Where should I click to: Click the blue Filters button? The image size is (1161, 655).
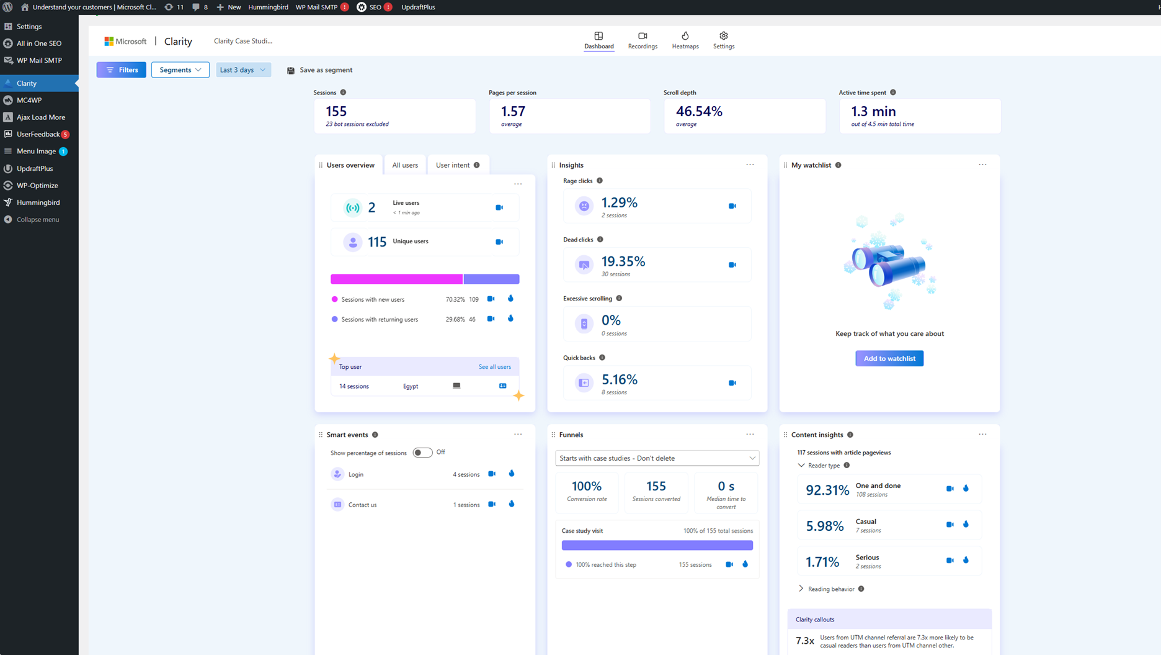[122, 70]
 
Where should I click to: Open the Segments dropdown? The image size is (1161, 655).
[180, 70]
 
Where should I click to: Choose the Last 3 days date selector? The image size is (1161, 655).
[242, 70]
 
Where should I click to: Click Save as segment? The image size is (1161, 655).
[319, 70]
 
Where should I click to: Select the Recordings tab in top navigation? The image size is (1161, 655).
[643, 40]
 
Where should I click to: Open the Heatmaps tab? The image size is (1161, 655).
[685, 40]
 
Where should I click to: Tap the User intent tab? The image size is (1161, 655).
[453, 165]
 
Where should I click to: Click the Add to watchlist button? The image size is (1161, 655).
[889, 358]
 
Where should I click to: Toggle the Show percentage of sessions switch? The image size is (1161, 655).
[422, 453]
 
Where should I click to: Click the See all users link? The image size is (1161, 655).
[494, 367]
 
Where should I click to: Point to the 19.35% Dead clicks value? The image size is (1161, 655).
[623, 261]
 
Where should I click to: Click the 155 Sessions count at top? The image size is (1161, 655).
[336, 111]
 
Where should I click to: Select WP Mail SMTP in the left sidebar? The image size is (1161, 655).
[39, 60]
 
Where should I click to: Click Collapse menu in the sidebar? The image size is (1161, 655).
[37, 219]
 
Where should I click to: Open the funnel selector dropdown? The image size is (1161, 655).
[657, 458]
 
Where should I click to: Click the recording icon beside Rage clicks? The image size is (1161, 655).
[732, 206]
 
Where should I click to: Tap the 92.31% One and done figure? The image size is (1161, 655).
[827, 490]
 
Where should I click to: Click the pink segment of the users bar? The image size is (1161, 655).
[396, 279]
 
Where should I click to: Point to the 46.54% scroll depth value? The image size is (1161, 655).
[699, 111]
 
